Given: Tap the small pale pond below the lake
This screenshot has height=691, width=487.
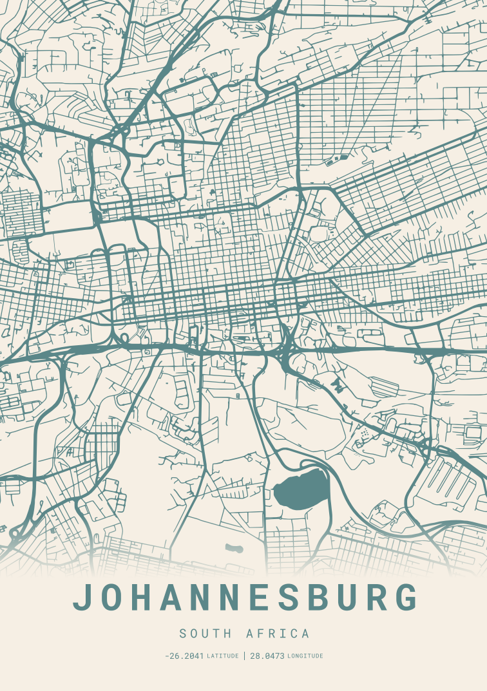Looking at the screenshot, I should click(234, 549).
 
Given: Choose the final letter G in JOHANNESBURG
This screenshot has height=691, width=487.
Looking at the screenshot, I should click(405, 598).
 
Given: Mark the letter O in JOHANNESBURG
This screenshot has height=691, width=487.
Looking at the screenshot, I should click(115, 598).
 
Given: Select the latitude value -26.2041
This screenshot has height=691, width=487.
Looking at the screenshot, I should click(184, 656).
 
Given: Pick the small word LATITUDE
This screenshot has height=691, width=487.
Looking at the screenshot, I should click(222, 656).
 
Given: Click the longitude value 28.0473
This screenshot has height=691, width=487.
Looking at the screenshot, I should click(267, 656).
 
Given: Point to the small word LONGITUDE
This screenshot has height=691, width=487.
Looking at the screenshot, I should click(305, 656).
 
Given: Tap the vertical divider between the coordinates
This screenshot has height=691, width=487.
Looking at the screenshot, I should click(244, 656).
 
